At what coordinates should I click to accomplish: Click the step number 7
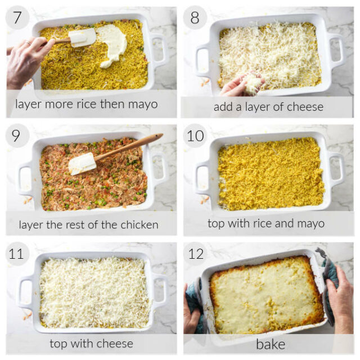(17, 17)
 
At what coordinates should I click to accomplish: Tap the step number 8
(195, 17)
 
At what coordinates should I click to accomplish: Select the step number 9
(16, 136)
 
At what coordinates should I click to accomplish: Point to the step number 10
(195, 136)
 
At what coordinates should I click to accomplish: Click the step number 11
(16, 254)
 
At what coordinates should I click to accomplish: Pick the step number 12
(196, 254)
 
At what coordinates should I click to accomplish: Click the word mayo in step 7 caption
(143, 105)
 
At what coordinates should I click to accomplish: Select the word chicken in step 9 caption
(139, 225)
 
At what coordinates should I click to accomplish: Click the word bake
(271, 344)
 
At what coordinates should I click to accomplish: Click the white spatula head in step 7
(82, 38)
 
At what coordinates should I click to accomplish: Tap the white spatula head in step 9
(82, 163)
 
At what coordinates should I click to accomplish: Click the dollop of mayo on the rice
(112, 45)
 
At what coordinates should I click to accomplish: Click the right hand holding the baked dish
(340, 298)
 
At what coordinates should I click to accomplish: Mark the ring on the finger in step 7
(28, 43)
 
